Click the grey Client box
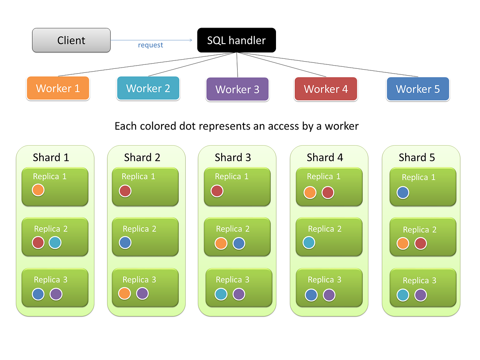[x=71, y=40]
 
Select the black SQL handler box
[x=236, y=40]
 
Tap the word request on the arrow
[x=150, y=45]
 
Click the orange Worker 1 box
[x=58, y=88]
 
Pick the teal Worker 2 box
[x=148, y=88]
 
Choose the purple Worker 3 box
[x=238, y=89]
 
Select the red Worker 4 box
[x=326, y=89]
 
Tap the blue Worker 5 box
[x=418, y=89]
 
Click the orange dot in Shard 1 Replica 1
[x=38, y=190]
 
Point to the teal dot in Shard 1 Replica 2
[x=55, y=242]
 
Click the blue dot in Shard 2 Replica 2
[x=125, y=242]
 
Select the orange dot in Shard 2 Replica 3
[x=125, y=293]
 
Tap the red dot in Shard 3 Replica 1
[x=217, y=191]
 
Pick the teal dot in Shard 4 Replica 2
[x=308, y=242]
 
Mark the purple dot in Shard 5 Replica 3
[x=420, y=295]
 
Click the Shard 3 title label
[x=233, y=158]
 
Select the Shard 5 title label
[x=416, y=158]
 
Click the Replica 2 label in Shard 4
[x=325, y=229]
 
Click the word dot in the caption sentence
[x=190, y=126]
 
